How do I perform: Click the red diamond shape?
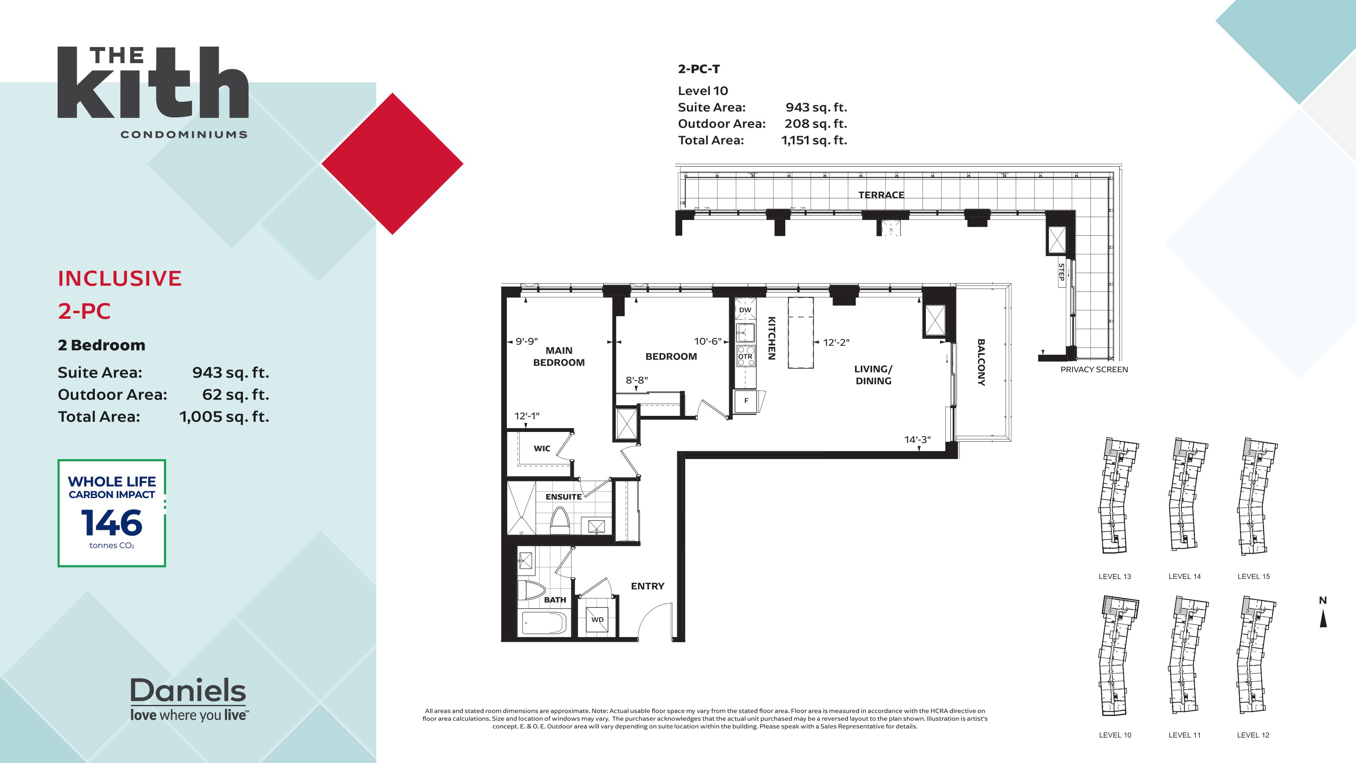click(392, 164)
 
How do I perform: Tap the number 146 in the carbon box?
click(111, 523)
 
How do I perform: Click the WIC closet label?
click(542, 448)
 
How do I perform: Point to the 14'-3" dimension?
click(917, 440)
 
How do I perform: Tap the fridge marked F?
click(746, 401)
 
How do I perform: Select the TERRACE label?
click(881, 195)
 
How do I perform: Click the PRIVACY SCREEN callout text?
click(1094, 370)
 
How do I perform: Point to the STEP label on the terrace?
click(1061, 272)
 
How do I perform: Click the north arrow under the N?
click(1323, 619)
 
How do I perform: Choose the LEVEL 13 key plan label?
click(1114, 576)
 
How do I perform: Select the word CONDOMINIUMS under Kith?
click(184, 135)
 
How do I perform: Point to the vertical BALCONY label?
click(981, 362)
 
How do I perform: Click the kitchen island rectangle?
click(800, 333)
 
